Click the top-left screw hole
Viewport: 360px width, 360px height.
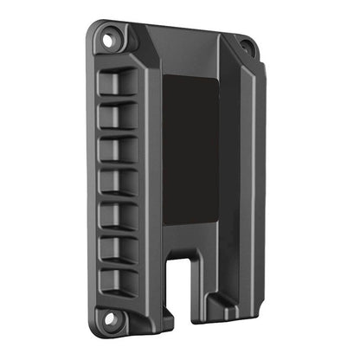[109, 39]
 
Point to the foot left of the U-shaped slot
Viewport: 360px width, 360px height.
[160, 303]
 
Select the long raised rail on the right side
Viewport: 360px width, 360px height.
[247, 173]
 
